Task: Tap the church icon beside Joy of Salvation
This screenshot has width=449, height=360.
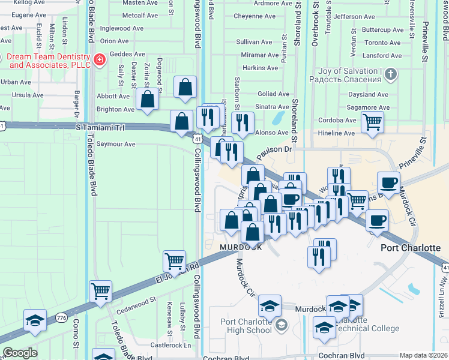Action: tap(390, 75)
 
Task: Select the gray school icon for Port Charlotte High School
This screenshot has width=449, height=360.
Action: tap(281, 325)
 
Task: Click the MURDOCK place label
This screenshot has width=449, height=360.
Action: tap(240, 247)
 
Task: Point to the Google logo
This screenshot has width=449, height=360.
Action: tap(20, 353)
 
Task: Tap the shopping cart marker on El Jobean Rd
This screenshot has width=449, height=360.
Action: tap(174, 262)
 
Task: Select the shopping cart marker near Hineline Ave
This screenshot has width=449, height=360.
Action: tap(373, 122)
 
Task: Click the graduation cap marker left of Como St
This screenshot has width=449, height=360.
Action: tap(35, 320)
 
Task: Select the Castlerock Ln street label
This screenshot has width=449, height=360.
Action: tap(170, 345)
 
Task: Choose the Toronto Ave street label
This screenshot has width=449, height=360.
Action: tap(383, 43)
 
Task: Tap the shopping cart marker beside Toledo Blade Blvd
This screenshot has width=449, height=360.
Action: tap(100, 292)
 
